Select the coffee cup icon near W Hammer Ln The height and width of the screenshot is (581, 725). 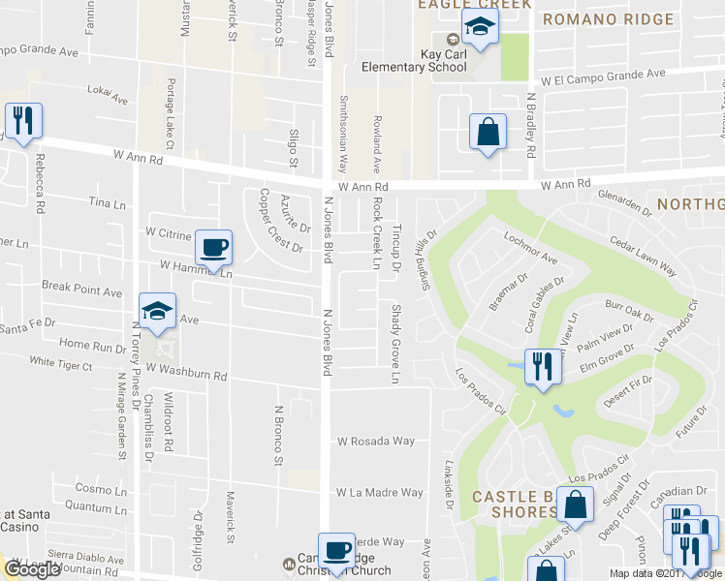pyautogui.click(x=213, y=247)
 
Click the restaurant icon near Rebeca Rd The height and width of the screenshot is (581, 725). pyautogui.click(x=23, y=121)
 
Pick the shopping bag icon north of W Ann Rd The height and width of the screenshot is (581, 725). pyautogui.click(x=488, y=133)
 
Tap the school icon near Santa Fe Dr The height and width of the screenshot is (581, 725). pyautogui.click(x=157, y=311)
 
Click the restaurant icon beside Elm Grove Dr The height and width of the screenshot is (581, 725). pyautogui.click(x=540, y=366)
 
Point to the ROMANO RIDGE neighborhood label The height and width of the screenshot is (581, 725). pyautogui.click(x=607, y=19)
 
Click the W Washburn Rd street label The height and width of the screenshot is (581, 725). pyautogui.click(x=182, y=375)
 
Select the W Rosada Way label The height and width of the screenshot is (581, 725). pyautogui.click(x=375, y=442)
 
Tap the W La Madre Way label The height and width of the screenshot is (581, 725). pyautogui.click(x=379, y=493)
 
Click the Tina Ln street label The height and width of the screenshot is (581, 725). pyautogui.click(x=108, y=203)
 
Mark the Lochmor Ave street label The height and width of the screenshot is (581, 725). pyautogui.click(x=530, y=248)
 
